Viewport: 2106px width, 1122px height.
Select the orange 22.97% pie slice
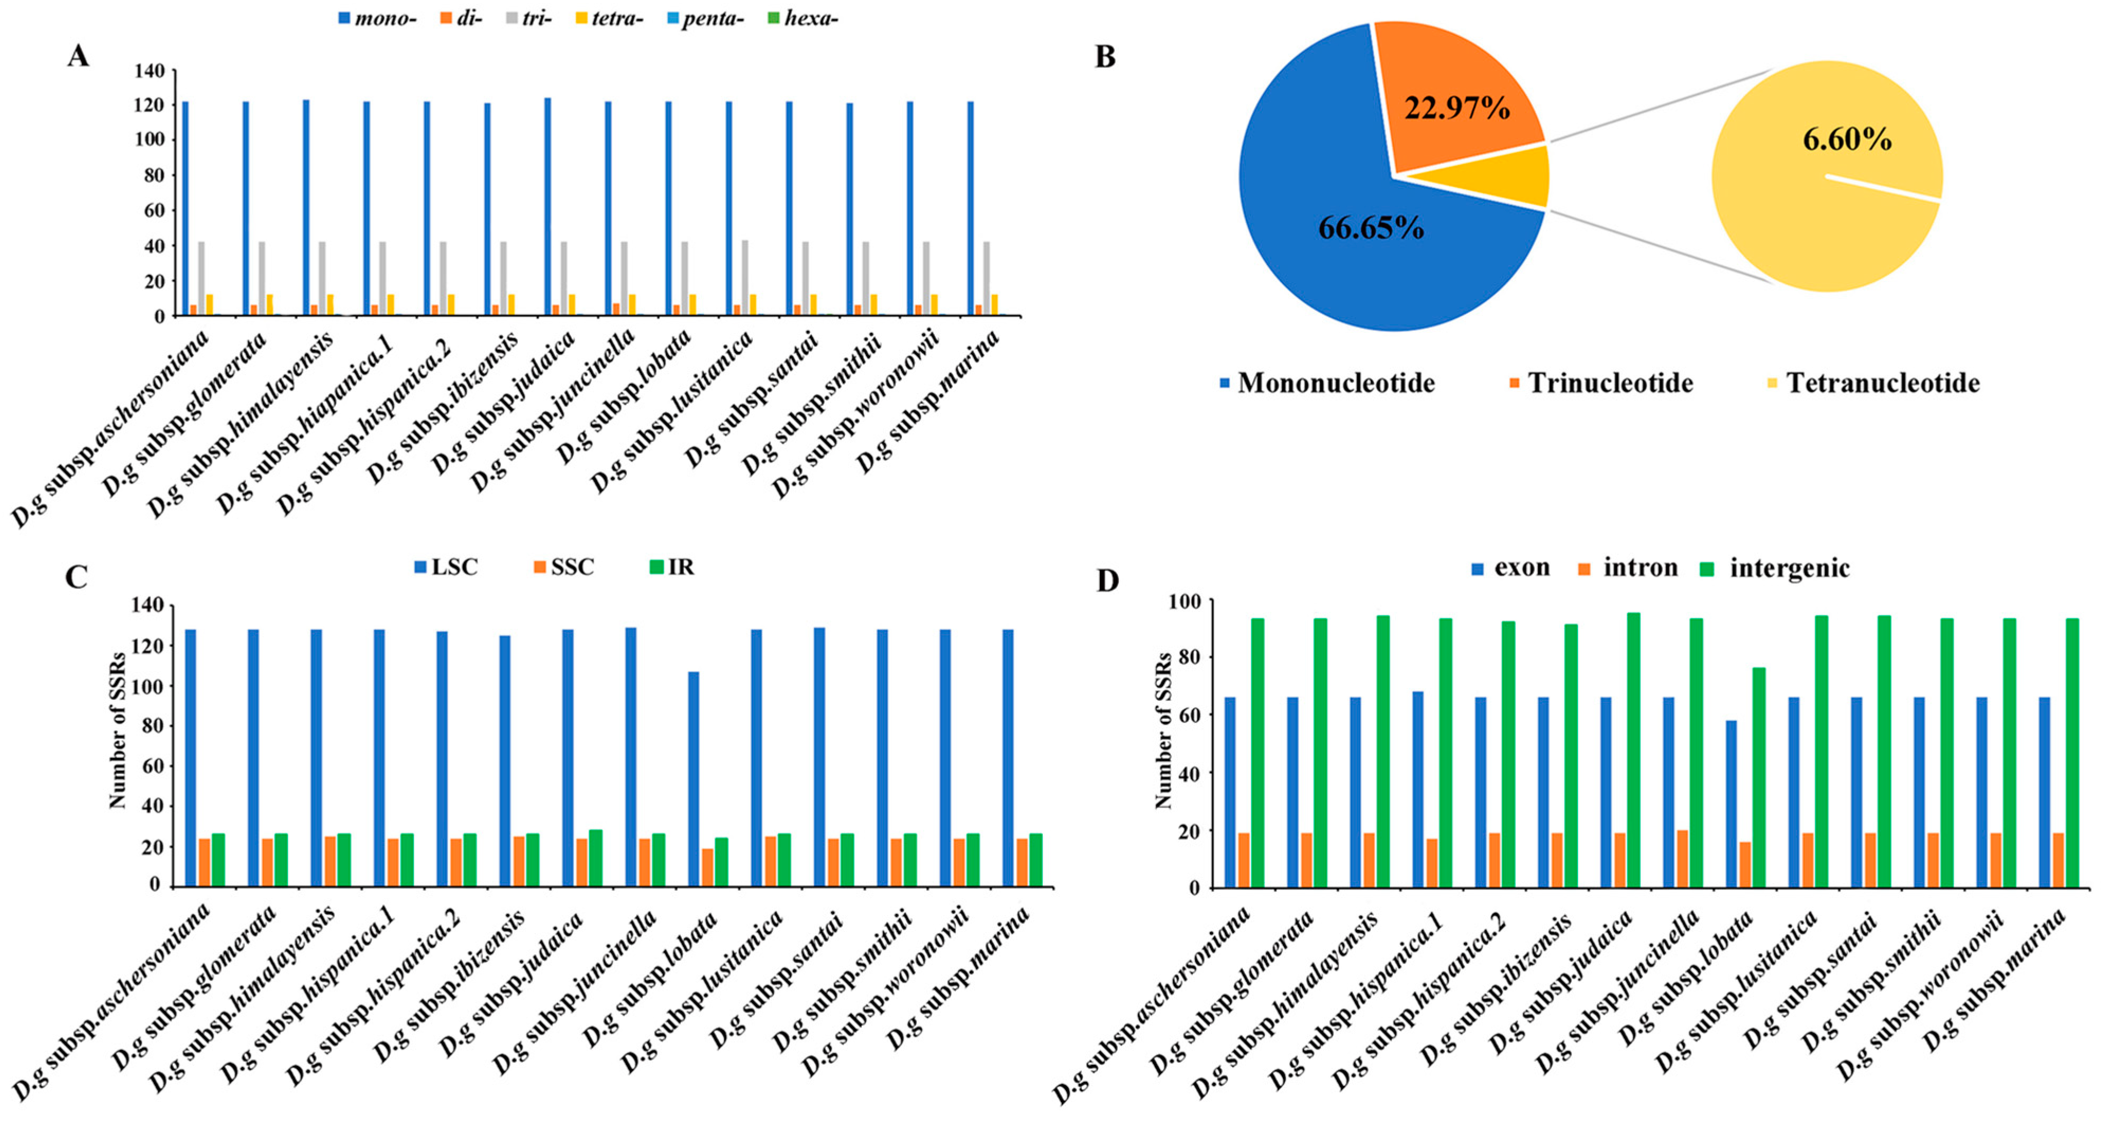[x=1455, y=98]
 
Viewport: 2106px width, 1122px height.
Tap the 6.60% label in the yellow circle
[x=1847, y=140]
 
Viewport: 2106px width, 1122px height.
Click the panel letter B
[x=1105, y=57]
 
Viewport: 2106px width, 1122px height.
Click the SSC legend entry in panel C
[x=564, y=567]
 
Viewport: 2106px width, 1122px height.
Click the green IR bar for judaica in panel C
[x=595, y=858]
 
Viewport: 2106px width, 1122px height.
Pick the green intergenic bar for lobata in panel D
[x=1758, y=777]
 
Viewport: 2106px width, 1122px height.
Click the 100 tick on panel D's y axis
[x=1184, y=601]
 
